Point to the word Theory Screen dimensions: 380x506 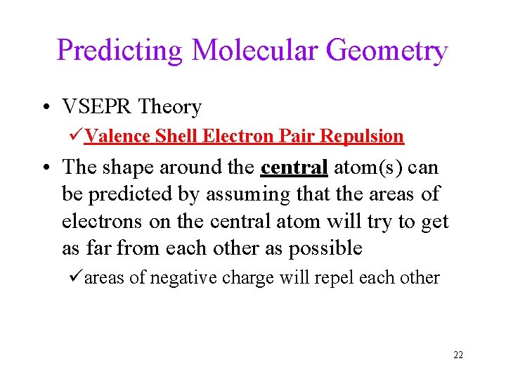tap(170, 108)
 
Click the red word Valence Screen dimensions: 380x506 tap(117, 136)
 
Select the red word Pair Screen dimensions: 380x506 tap(297, 136)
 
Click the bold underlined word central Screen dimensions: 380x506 tap(294, 167)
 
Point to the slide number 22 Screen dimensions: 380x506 tap(458, 355)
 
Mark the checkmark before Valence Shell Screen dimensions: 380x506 tap(76, 136)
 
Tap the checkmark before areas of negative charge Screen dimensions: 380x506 tap(76, 277)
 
